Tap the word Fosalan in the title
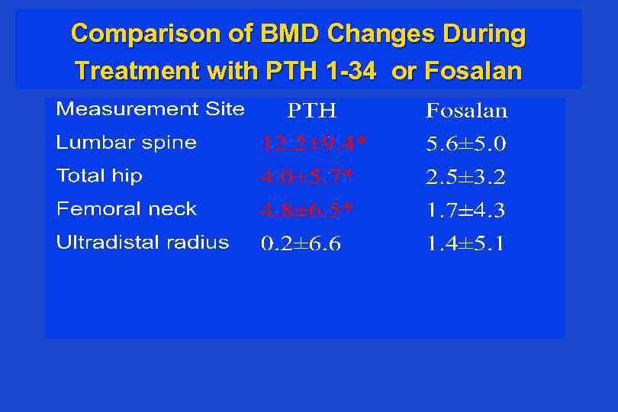(473, 72)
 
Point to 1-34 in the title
(350, 72)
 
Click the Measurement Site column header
(150, 109)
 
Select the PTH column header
(312, 111)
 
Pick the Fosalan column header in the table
(466, 111)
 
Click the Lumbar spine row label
(127, 143)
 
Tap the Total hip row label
(99, 176)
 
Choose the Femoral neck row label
(127, 209)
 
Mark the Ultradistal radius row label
(143, 243)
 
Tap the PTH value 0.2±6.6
(301, 244)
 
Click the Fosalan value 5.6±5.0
(465, 144)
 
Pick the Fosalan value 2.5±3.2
(465, 178)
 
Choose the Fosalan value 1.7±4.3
(465, 211)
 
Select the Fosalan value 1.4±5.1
(465, 244)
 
